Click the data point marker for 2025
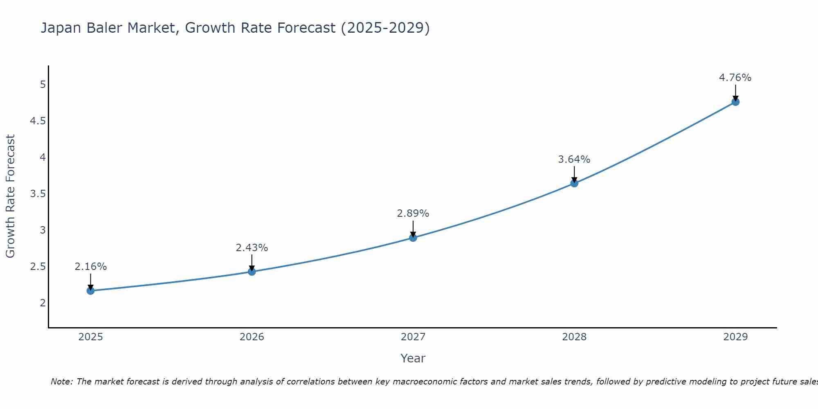[90, 291]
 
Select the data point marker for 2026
[252, 272]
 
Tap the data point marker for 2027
[413, 238]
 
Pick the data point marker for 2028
[574, 183]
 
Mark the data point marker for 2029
[735, 102]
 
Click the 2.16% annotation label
[90, 267]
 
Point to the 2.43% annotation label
[252, 248]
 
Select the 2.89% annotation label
[413, 213]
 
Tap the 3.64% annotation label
[574, 160]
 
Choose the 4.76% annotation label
[735, 78]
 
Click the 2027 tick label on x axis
[413, 337]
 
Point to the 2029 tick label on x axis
[735, 337]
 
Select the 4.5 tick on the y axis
[38, 121]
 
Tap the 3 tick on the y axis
[43, 230]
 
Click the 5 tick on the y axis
[43, 85]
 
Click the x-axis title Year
[413, 358]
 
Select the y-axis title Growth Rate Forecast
[10, 196]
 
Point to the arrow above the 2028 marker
[574, 174]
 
